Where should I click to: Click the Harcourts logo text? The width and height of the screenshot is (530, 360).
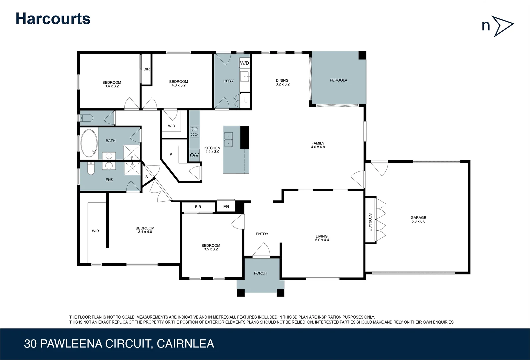[x=53, y=19]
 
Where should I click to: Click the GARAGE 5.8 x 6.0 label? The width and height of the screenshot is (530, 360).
[x=418, y=219]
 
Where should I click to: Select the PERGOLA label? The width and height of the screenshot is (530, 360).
[x=338, y=80]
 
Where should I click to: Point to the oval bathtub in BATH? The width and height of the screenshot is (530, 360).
[x=89, y=143]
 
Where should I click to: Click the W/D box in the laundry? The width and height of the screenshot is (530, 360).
[x=245, y=63]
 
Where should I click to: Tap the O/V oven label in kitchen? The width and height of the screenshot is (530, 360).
[x=194, y=155]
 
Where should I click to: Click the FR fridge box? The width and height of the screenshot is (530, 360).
[x=226, y=207]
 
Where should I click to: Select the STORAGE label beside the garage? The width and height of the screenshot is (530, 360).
[x=370, y=222]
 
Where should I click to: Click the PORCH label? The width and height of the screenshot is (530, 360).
[x=260, y=273]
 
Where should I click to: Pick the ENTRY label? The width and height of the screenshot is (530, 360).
[x=262, y=234]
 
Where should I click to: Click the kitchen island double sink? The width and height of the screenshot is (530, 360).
[x=228, y=140]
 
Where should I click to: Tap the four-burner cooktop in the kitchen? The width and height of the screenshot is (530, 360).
[x=194, y=132]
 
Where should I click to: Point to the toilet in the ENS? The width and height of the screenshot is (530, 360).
[x=90, y=169]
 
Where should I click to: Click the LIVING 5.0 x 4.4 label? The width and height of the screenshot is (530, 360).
[x=322, y=238]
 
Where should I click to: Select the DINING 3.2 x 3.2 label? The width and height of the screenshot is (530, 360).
[x=282, y=82]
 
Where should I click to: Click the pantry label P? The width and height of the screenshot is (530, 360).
[x=171, y=155]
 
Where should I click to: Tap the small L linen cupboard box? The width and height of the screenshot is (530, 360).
[x=246, y=100]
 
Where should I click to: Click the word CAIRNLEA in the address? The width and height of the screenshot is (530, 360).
[x=185, y=344]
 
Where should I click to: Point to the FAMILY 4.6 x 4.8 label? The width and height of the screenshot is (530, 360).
[x=318, y=145]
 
